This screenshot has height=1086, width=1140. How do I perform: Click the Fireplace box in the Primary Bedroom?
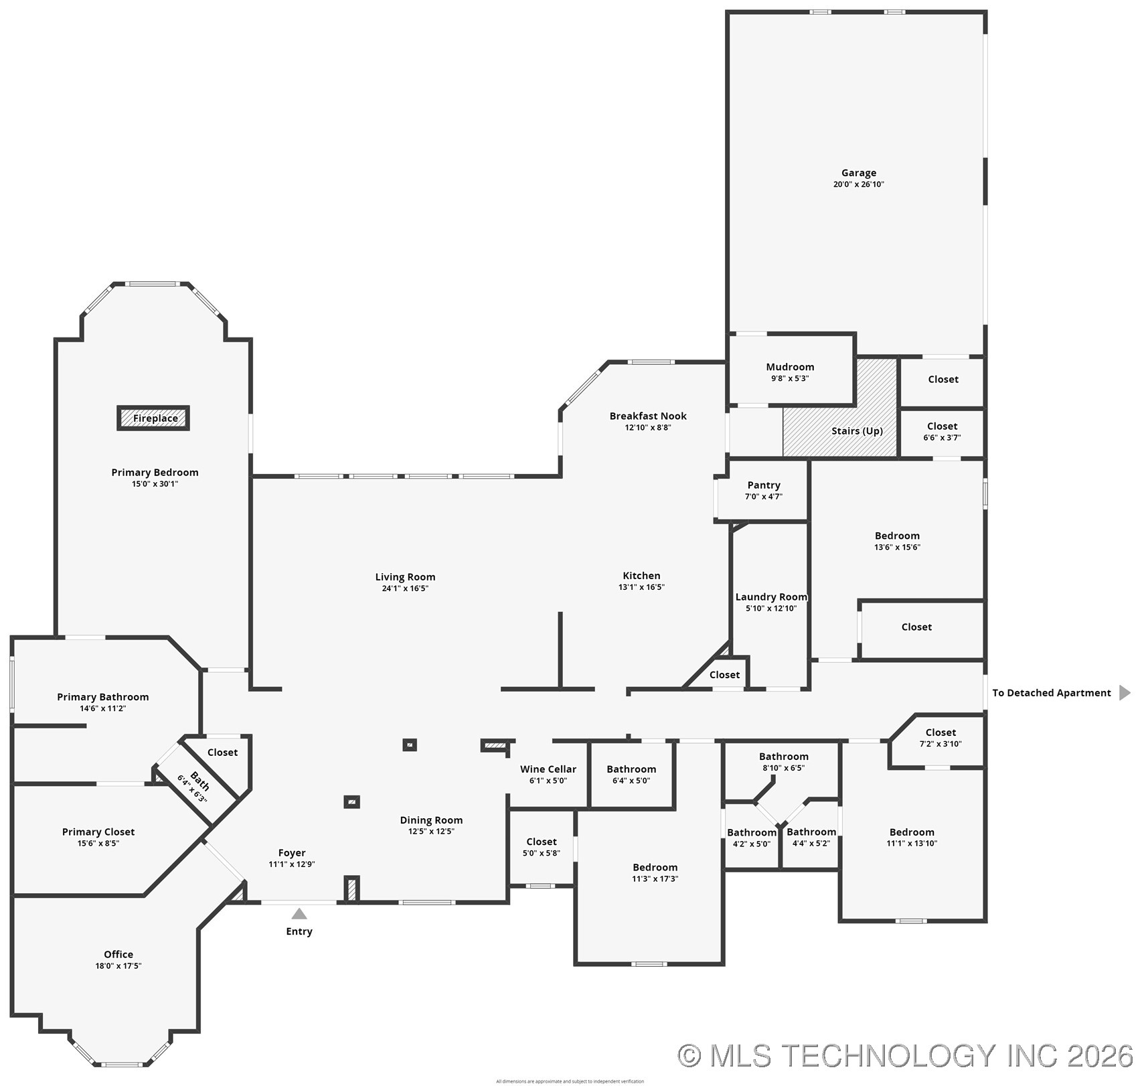tap(154, 418)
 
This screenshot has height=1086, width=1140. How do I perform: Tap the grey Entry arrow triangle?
tap(299, 914)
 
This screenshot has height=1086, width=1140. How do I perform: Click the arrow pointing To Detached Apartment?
tap(1125, 692)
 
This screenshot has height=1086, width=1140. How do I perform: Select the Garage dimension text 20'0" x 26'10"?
tap(858, 184)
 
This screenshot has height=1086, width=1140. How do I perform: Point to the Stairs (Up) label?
tap(857, 431)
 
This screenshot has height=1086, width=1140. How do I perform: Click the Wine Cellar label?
tap(548, 769)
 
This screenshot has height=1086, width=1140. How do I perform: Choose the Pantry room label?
tap(763, 485)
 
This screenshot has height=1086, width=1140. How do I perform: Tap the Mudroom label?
tap(790, 367)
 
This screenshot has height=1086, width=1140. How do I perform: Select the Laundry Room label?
tap(771, 597)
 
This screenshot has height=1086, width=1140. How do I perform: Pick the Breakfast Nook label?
tap(647, 416)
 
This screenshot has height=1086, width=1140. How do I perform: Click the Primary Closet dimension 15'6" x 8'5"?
tap(98, 844)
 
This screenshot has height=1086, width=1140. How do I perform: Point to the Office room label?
tap(118, 954)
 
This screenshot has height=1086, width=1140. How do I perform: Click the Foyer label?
tap(292, 853)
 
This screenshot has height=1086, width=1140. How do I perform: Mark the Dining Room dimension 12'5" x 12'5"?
tap(431, 832)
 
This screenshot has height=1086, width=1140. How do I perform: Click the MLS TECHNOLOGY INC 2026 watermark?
tap(907, 1056)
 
